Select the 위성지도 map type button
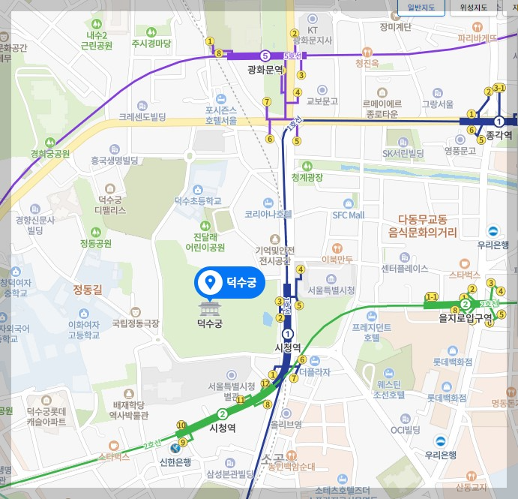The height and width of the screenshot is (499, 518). (x=474, y=8)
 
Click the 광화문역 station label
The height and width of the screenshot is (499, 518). (x=266, y=69)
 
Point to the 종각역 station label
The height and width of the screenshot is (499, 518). (x=499, y=135)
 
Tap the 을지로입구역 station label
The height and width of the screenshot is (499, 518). (x=466, y=317)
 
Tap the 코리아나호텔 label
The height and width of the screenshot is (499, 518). (x=268, y=214)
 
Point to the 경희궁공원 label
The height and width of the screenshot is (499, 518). (x=50, y=154)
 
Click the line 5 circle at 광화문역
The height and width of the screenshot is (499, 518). (x=265, y=56)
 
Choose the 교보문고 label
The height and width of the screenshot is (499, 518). (x=323, y=101)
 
